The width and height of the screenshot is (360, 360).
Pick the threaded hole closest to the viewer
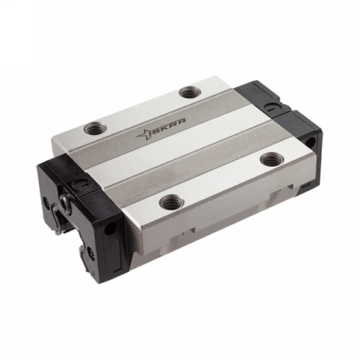[x=171, y=199]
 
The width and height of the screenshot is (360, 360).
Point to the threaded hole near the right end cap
[x=273, y=157]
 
